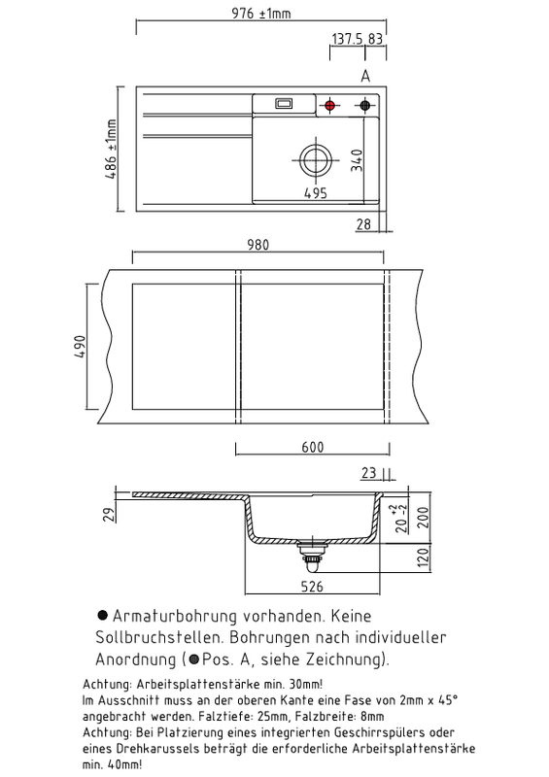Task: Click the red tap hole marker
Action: point(329,105)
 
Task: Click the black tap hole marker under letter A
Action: point(364,105)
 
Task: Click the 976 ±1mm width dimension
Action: point(261,14)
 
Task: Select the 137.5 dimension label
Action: point(347,39)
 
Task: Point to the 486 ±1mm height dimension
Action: point(111,150)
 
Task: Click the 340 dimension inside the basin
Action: point(356,160)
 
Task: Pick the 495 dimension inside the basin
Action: point(316,192)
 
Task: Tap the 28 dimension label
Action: point(363,224)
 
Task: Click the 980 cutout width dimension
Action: point(257,245)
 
